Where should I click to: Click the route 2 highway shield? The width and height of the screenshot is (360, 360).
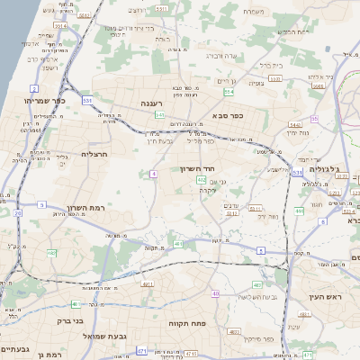coord(34,89)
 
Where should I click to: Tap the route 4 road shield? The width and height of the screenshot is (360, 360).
coord(154,173)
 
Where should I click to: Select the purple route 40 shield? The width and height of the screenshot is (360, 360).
coord(215,293)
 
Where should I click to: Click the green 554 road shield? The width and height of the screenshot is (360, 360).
coord(229,92)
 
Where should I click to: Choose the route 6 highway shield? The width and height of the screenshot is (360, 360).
coord(321,220)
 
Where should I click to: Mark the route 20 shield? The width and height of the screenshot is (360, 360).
coord(17,213)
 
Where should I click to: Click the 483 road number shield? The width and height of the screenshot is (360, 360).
coord(233,332)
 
